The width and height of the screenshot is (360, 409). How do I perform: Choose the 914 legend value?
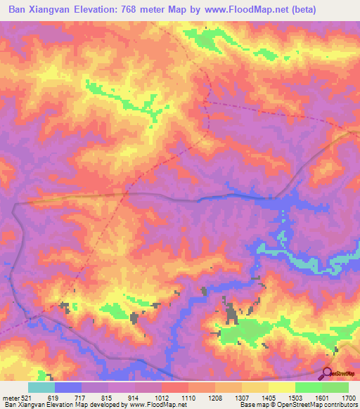134,398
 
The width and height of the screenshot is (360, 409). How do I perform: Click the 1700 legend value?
348,398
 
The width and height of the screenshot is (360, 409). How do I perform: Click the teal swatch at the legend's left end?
41,387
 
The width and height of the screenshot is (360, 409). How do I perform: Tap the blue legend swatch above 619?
68,387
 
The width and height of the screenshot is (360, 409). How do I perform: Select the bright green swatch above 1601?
336,387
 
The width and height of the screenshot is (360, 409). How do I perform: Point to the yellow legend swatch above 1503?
282,387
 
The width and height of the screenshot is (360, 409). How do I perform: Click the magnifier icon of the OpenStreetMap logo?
326,374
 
